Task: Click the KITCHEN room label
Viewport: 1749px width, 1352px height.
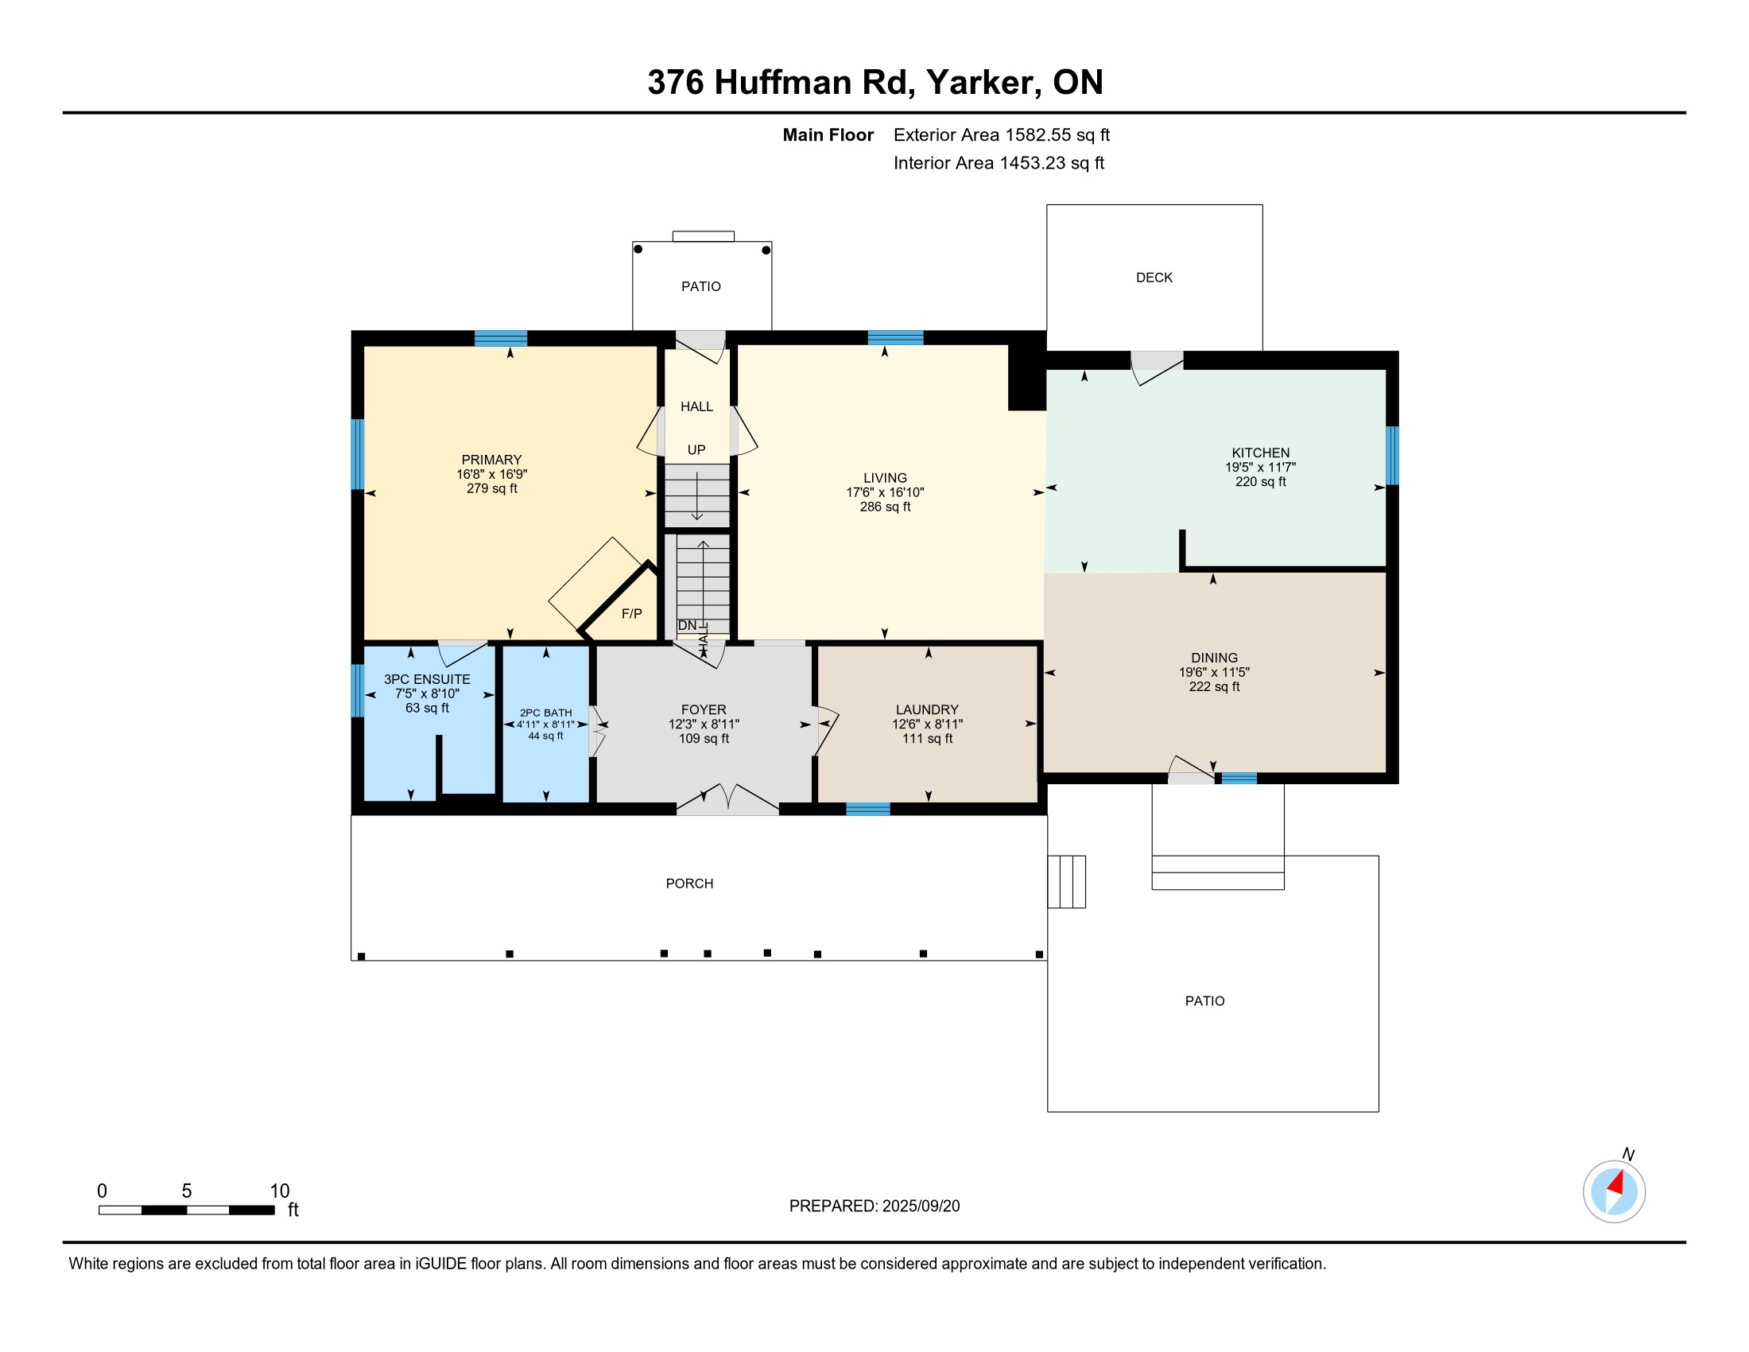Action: [1261, 453]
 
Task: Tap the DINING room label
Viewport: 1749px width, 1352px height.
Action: [1214, 658]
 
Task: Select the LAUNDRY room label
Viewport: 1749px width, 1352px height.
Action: [927, 709]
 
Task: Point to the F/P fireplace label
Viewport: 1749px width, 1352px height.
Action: [632, 613]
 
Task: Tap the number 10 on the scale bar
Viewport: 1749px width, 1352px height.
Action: [280, 1191]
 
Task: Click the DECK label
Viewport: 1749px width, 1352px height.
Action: [1154, 278]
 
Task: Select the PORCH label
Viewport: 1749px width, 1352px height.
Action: [689, 884]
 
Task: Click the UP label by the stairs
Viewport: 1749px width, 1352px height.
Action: [696, 450]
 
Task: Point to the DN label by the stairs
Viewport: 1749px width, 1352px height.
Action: [687, 626]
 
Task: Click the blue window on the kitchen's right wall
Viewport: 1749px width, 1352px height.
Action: [1393, 455]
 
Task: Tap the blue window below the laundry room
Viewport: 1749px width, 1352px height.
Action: [868, 809]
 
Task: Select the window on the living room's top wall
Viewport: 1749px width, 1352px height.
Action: [895, 337]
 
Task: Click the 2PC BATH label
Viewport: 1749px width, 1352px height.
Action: [546, 713]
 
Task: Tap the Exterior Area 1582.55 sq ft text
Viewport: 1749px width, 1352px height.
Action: [1002, 135]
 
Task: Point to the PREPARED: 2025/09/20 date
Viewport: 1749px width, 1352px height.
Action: [874, 1206]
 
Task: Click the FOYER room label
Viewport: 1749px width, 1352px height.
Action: [704, 709]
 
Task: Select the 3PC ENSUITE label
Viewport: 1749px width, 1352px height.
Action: [427, 679]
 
